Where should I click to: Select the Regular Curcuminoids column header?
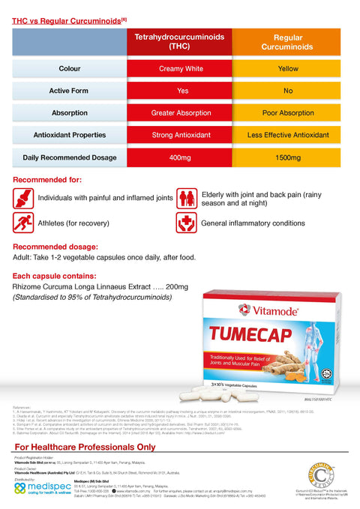click(x=288, y=41)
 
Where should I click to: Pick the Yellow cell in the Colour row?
click(x=288, y=69)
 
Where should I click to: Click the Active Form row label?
click(x=70, y=91)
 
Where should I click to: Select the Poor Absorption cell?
click(x=288, y=113)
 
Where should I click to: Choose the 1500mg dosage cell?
click(x=288, y=158)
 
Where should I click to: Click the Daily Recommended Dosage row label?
click(x=70, y=158)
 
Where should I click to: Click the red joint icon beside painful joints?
click(x=23, y=199)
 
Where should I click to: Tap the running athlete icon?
click(x=23, y=223)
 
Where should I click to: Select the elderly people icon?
click(x=187, y=199)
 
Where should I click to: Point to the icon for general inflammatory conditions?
click(x=187, y=223)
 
